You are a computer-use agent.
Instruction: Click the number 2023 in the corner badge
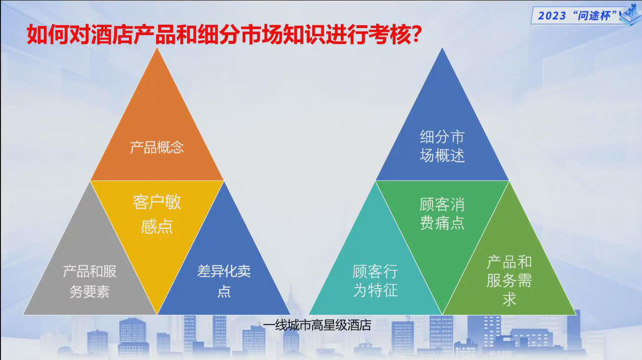(x=552, y=16)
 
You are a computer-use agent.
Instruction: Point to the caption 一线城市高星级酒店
(x=317, y=325)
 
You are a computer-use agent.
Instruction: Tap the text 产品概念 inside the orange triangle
(x=157, y=148)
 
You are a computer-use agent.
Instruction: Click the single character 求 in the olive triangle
(x=509, y=299)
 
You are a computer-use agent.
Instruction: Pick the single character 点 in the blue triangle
(x=224, y=292)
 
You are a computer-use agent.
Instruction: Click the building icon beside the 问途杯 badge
(x=631, y=14)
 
